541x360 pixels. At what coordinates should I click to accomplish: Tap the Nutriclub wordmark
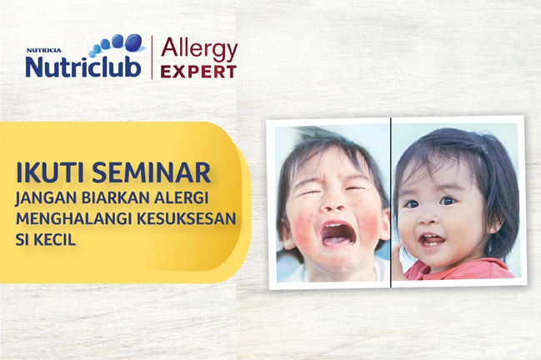83,66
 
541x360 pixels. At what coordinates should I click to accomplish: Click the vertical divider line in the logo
151,58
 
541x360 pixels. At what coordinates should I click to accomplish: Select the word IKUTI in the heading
50,174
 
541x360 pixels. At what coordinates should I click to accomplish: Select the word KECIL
57,238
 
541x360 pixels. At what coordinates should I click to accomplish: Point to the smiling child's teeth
430,238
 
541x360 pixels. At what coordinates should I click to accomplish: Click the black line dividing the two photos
391,200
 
